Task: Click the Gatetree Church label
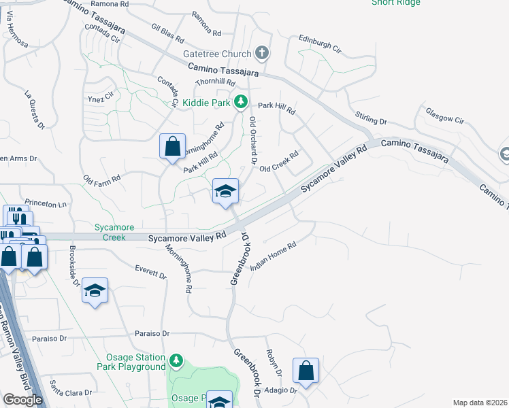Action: [216, 53]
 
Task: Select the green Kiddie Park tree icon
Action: [240, 102]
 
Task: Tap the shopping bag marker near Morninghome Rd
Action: [173, 146]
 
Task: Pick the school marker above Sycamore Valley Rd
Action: [225, 191]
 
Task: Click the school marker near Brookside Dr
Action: [95, 292]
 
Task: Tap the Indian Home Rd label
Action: [274, 256]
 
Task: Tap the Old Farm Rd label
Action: [101, 180]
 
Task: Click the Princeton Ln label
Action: [46, 203]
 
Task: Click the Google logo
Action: [22, 400]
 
